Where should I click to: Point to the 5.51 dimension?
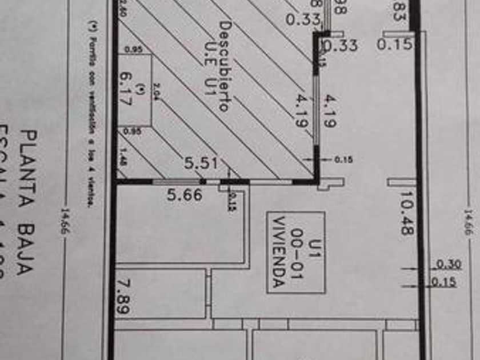click(x=201, y=163)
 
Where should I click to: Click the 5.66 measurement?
click(x=184, y=195)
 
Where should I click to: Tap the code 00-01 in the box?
click(x=296, y=253)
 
